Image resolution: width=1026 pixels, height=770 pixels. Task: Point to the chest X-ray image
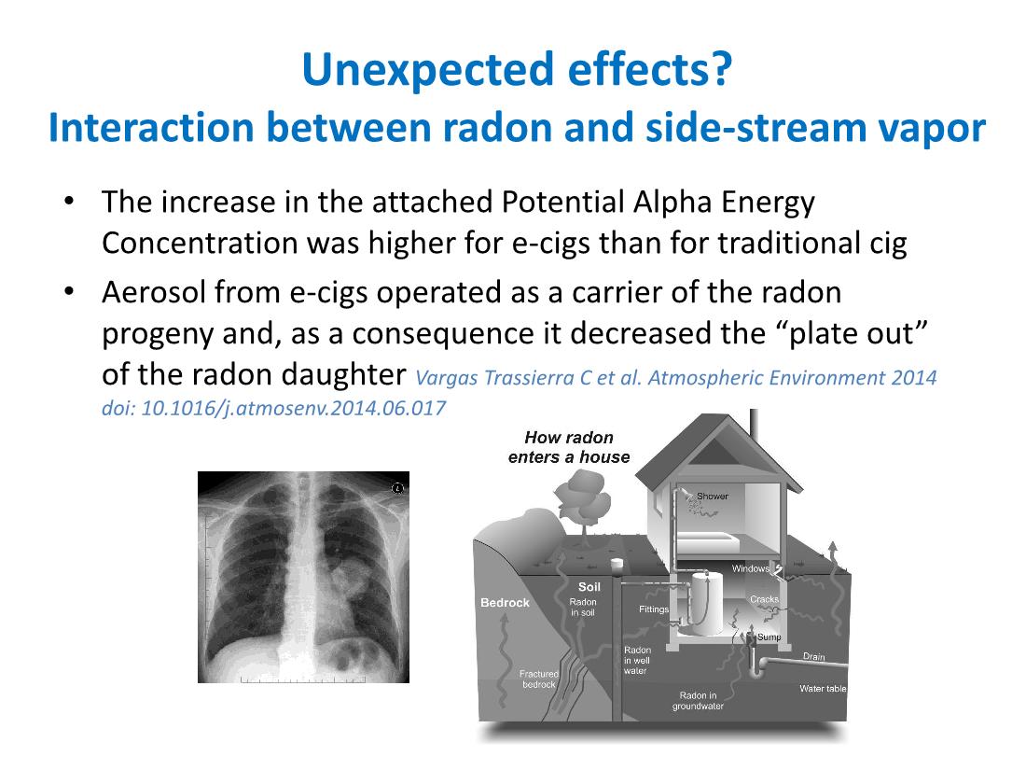(303, 577)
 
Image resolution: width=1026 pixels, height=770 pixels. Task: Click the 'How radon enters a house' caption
(569, 447)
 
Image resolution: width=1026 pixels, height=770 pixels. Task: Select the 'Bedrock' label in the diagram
(505, 603)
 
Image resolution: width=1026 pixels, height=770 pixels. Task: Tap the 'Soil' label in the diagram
(589, 587)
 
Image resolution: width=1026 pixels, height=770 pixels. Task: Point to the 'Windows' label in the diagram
(750, 568)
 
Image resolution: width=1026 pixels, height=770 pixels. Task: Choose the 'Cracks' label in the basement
(764, 599)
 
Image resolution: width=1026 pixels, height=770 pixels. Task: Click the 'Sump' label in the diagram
(769, 637)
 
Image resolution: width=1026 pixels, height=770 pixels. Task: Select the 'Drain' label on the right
(813, 657)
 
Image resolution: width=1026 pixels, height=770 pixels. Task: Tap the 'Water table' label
(823, 689)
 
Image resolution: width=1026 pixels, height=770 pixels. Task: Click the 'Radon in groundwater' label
(698, 701)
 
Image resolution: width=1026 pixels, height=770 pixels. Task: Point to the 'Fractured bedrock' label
(539, 679)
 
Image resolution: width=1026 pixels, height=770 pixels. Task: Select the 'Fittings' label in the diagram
(654, 609)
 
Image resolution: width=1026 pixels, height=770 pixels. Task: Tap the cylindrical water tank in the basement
(700, 602)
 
